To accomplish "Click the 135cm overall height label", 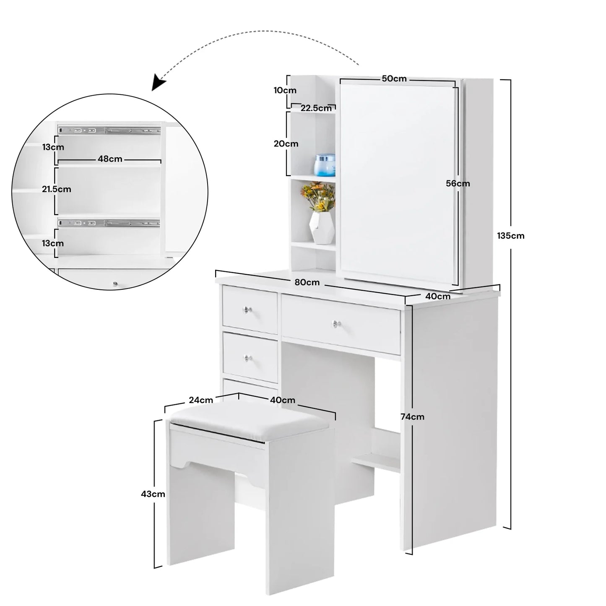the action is [x=510, y=236].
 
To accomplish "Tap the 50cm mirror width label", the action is [x=394, y=78].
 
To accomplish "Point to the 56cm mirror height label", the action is [x=458, y=184].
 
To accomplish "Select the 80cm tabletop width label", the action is [x=307, y=282].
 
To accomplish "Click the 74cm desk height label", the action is [x=412, y=417].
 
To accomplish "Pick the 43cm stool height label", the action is [x=153, y=494].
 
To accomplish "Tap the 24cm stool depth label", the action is [x=200, y=400].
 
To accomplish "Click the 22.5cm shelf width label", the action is [x=316, y=108].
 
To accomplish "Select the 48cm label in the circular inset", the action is [x=110, y=159].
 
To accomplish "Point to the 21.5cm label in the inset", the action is [x=57, y=189].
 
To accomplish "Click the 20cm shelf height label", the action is [x=286, y=144].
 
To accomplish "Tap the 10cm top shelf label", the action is [x=285, y=90].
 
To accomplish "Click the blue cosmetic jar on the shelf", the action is [x=325, y=165].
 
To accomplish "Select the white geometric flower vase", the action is [x=321, y=228].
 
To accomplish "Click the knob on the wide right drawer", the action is [x=337, y=324].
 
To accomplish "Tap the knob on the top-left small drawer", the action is [x=247, y=310].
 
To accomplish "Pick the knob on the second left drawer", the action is [x=247, y=358].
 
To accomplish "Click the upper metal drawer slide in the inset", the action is [x=109, y=130].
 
